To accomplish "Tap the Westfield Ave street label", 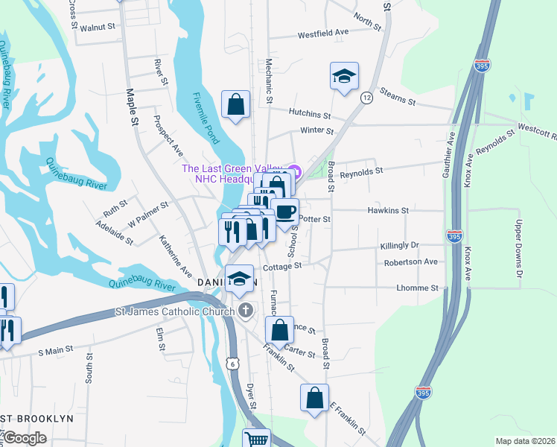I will pos(323,34).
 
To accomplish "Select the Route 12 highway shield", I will pos(366,98).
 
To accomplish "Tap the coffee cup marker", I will pos(284,211).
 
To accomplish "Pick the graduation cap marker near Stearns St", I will pos(344,76).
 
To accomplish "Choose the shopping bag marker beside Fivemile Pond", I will pos(235,104).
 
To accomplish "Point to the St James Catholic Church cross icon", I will pos(246,311).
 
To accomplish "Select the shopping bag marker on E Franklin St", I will pos(314,397).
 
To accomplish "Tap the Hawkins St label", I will pos(388,211).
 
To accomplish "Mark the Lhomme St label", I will pos(417,288).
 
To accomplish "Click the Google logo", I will pos(25,438).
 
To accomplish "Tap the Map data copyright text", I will pos(525,441).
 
